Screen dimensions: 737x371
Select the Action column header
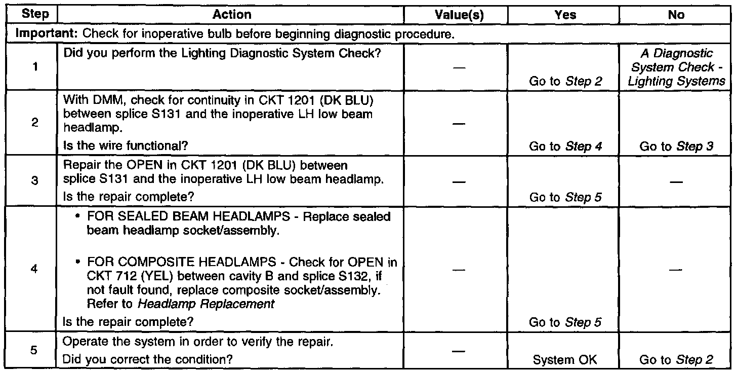pos(232,14)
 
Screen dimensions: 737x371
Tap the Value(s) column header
pos(459,14)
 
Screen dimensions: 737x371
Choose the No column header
pos(676,14)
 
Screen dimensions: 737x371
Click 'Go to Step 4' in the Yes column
pos(565,146)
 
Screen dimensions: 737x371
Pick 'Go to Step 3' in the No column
pos(676,146)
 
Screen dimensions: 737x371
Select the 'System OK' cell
pos(565,360)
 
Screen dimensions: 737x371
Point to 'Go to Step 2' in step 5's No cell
pos(676,360)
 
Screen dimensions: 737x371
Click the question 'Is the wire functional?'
pos(125,146)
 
